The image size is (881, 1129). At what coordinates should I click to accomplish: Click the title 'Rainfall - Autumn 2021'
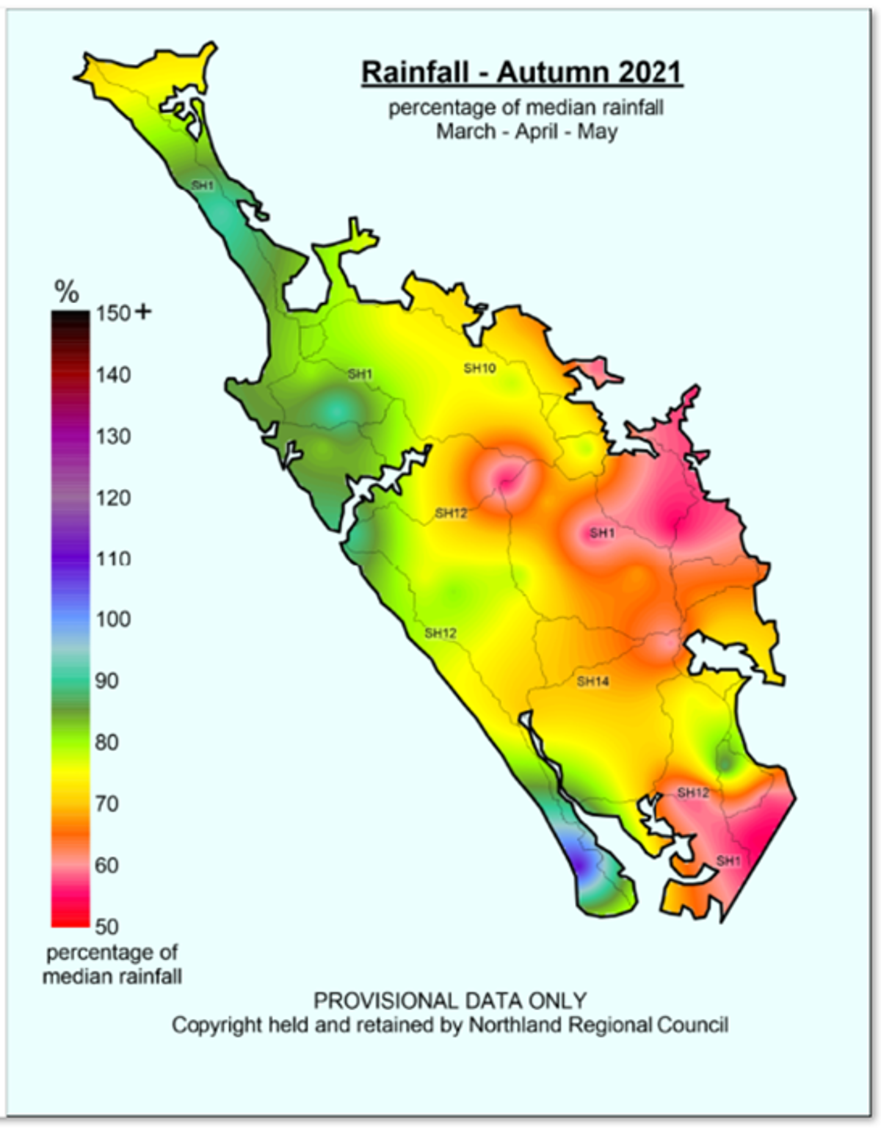tap(522, 73)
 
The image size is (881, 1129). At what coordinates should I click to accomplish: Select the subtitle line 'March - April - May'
tap(526, 132)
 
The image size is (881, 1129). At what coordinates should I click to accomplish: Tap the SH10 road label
tap(479, 369)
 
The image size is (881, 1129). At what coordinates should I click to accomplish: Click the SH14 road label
tap(592, 681)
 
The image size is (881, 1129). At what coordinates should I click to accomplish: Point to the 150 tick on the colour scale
tap(112, 313)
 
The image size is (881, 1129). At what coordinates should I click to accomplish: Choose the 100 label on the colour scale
tap(112, 619)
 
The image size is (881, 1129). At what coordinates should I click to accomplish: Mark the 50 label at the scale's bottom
tap(106, 926)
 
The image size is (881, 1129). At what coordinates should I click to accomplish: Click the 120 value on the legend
tap(112, 498)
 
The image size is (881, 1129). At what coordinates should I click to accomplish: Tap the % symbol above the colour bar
tap(67, 293)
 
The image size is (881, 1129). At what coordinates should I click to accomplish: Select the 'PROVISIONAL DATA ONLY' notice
tap(450, 1001)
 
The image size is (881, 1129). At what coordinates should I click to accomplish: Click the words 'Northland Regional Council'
tap(598, 1025)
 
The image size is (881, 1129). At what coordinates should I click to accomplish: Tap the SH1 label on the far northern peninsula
tap(202, 186)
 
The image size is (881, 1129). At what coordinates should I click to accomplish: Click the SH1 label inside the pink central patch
tap(601, 533)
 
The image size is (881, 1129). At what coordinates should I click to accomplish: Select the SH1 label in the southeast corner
tap(728, 861)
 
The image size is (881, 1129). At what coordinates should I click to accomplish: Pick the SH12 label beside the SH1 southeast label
tap(693, 793)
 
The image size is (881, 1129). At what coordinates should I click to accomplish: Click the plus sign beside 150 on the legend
tap(143, 312)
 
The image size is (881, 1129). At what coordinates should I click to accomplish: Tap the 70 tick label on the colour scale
tap(106, 804)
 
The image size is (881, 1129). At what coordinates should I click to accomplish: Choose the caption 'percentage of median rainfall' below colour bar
tap(112, 965)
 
